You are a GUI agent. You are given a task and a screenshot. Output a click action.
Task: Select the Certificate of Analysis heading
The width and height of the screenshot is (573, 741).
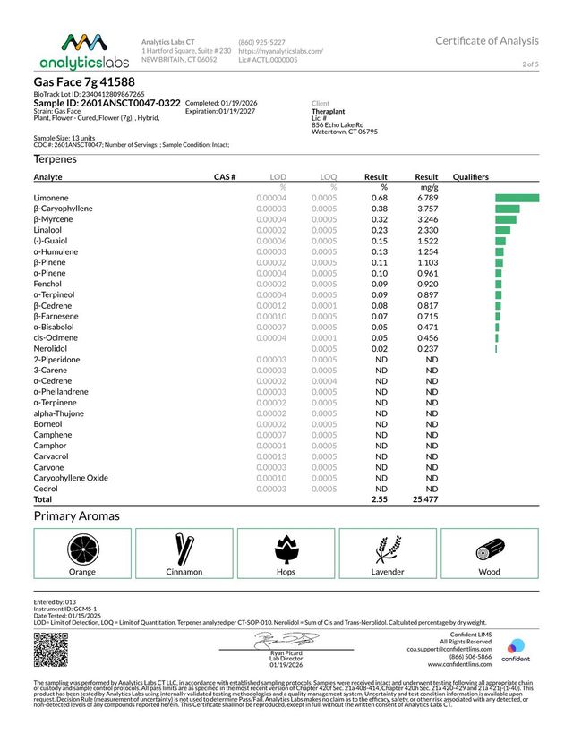pyautogui.click(x=487, y=41)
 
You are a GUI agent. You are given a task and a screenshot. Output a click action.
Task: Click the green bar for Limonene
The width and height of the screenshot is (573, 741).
pyautogui.click(x=517, y=197)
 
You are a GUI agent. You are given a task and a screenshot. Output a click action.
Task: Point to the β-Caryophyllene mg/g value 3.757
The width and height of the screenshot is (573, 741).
pyautogui.click(x=426, y=208)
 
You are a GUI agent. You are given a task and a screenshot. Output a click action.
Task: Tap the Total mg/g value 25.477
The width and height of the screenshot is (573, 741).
pyautogui.click(x=424, y=499)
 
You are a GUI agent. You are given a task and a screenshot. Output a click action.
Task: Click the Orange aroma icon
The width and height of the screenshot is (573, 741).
pyautogui.click(x=82, y=548)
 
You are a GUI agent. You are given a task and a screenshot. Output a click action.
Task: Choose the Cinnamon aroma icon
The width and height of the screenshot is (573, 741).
pyautogui.click(x=184, y=548)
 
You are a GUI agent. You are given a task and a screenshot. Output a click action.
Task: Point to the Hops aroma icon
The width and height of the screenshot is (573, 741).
pyautogui.click(x=286, y=548)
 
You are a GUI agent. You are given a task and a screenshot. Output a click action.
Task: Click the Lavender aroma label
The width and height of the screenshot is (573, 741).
pyautogui.click(x=388, y=572)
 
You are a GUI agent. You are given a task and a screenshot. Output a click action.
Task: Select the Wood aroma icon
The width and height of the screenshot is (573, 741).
pyautogui.click(x=490, y=548)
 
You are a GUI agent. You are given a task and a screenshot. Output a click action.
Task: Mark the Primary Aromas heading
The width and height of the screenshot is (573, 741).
pyautogui.click(x=76, y=516)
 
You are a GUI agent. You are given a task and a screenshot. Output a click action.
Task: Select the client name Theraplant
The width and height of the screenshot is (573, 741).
pyautogui.click(x=329, y=112)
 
